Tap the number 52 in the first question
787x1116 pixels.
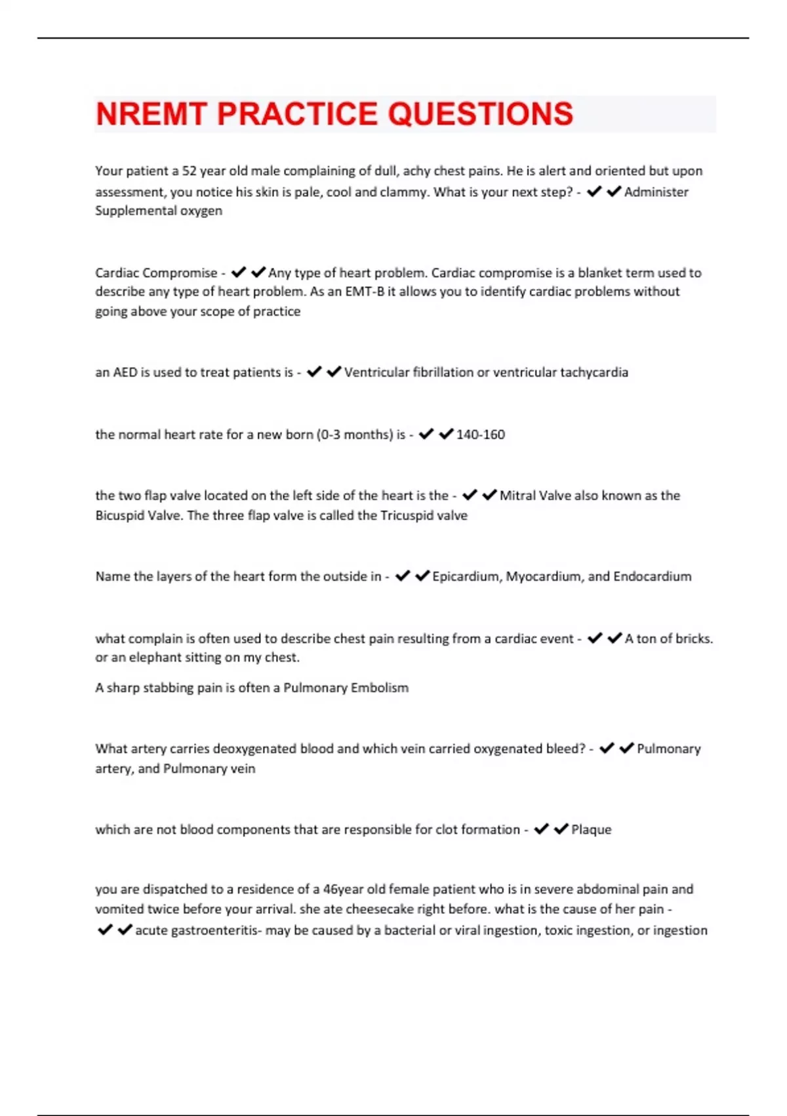coord(190,171)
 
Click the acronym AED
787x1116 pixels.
coord(125,372)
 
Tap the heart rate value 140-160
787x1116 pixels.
coord(480,435)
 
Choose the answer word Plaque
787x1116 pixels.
coord(591,830)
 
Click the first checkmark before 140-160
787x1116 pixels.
coord(426,434)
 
